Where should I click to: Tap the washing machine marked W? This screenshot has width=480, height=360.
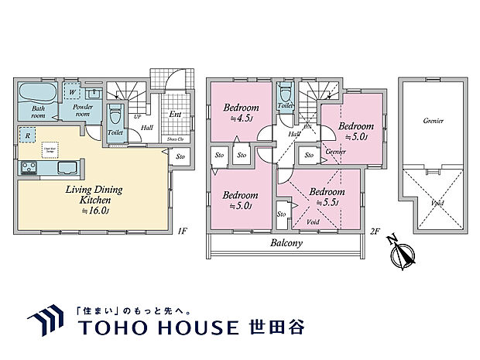click(72, 91)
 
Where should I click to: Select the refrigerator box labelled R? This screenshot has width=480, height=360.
click(28, 135)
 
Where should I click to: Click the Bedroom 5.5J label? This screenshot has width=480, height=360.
click(324, 196)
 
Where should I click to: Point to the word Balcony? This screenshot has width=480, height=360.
click(286, 242)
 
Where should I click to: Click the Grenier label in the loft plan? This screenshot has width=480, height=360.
click(433, 122)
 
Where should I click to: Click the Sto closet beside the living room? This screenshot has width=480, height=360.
click(180, 157)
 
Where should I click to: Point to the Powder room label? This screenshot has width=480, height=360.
click(81, 109)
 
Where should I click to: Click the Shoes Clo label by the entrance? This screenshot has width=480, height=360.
click(176, 140)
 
